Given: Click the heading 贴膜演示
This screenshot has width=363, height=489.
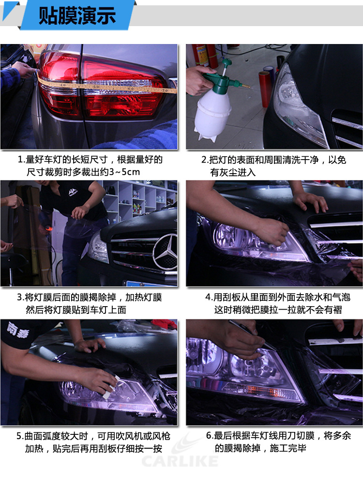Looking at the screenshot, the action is coord(77,15).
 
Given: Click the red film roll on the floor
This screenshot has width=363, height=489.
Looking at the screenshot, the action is coord(265,89).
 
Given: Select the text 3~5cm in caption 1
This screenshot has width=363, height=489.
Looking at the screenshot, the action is coord(124,172).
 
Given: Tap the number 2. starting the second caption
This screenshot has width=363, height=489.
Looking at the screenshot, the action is coord(205,160).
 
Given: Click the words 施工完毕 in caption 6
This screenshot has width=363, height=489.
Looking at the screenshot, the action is coord(287,448).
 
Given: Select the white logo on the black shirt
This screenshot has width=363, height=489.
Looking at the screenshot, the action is coord(74,192).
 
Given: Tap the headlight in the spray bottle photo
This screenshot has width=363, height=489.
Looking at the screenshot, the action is coord(298,106).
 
